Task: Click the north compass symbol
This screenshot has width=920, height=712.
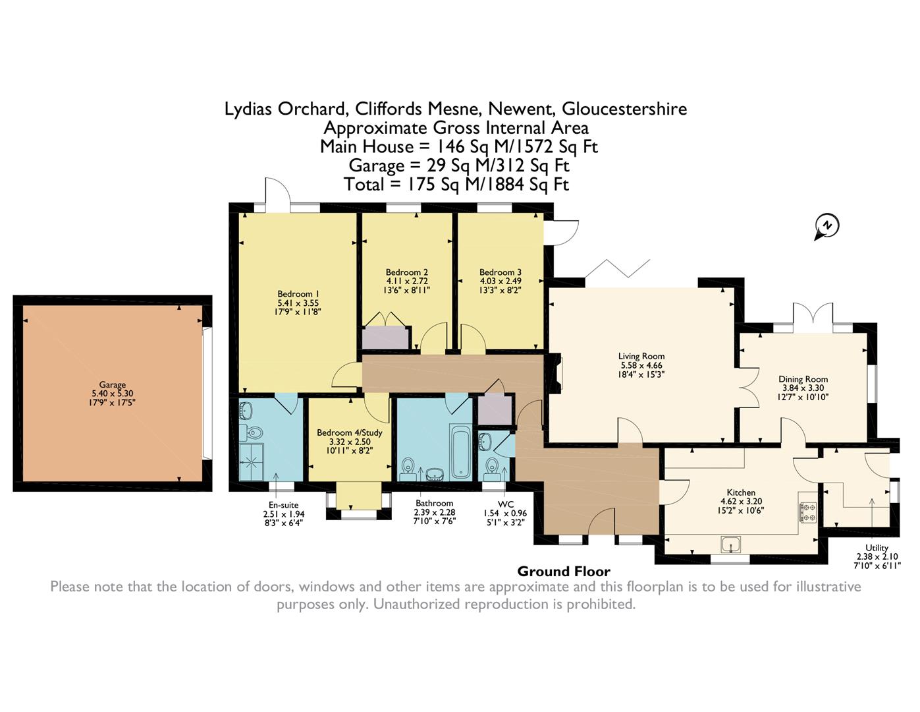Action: (826, 227)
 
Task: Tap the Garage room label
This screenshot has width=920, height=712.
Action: (112, 384)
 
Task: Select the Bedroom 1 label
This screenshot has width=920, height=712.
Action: (298, 294)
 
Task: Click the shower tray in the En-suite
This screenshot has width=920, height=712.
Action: (252, 462)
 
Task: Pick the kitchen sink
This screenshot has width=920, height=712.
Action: (731, 544)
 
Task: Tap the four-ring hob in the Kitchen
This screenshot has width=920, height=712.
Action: (807, 512)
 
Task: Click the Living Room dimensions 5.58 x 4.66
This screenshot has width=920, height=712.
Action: (641, 365)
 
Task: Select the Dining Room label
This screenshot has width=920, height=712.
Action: (803, 379)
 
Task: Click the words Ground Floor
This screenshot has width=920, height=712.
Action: (564, 572)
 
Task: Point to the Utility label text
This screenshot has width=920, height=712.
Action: (877, 548)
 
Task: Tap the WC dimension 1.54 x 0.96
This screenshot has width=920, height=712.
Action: (505, 513)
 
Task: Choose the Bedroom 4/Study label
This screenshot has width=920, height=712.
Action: (349, 432)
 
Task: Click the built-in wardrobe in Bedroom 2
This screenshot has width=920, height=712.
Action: (385, 338)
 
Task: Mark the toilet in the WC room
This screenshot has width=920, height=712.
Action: (491, 467)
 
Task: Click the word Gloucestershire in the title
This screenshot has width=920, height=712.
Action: (624, 109)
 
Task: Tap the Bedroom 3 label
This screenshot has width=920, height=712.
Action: (501, 272)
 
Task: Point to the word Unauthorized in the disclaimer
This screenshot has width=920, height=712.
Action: (416, 604)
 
